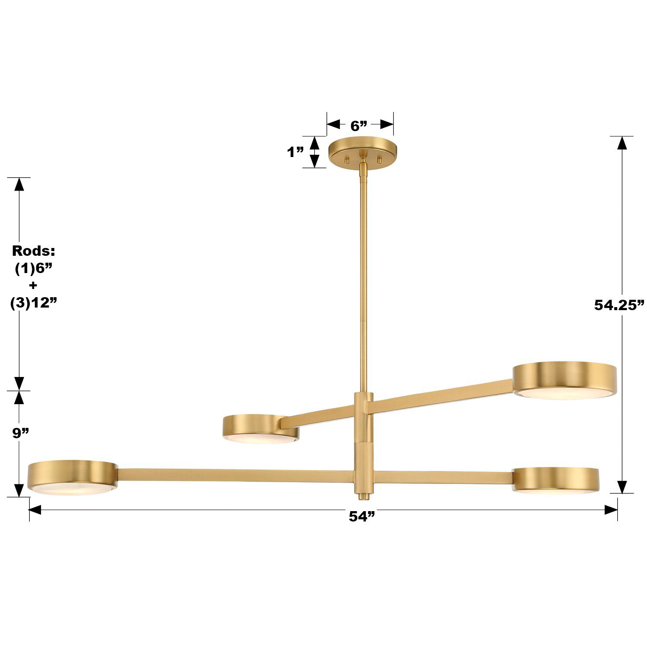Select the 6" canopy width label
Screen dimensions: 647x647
pos(359,126)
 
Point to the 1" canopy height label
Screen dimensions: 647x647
pos(296,152)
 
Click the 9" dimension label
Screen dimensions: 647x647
pos(20,433)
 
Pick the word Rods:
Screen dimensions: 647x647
pos(33,251)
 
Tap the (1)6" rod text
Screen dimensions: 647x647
pos(34,268)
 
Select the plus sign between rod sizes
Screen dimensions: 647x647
pos(33,286)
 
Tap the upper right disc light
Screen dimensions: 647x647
pos(565,380)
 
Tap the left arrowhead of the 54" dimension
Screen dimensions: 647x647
pos(35,510)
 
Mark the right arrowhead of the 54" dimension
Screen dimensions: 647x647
pos(611,510)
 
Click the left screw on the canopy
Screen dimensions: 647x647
pos(345,159)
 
